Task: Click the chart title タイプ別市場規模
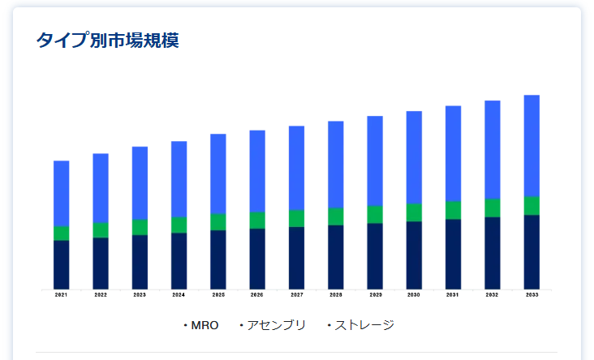(107, 41)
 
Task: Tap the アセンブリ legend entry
(276, 325)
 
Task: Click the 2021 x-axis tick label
(62, 295)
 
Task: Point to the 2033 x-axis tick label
(532, 295)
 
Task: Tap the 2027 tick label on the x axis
(296, 295)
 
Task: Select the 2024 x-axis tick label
(179, 295)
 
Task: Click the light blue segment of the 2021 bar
(62, 193)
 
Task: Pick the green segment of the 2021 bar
(62, 234)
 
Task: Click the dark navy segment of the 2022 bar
(101, 263)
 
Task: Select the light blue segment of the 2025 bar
(218, 174)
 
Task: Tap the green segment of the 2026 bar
(257, 220)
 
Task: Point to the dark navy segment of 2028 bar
(336, 256)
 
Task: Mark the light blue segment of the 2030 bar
(414, 157)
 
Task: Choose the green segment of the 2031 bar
(453, 210)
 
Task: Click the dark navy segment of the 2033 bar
(532, 251)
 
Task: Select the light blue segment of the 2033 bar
(532, 145)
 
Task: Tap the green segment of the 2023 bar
(140, 227)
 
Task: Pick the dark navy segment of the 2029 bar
(375, 255)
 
